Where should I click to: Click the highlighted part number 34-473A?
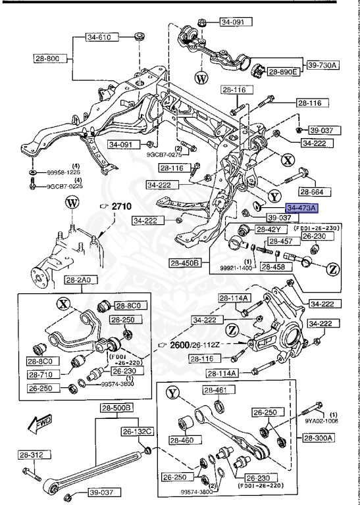click(x=301, y=207)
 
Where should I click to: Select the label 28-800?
click(x=47, y=59)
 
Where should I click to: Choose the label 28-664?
click(x=314, y=191)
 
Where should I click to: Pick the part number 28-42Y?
click(x=268, y=229)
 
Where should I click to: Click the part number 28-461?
click(x=215, y=391)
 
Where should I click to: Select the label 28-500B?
click(x=116, y=408)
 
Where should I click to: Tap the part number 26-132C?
click(x=136, y=431)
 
